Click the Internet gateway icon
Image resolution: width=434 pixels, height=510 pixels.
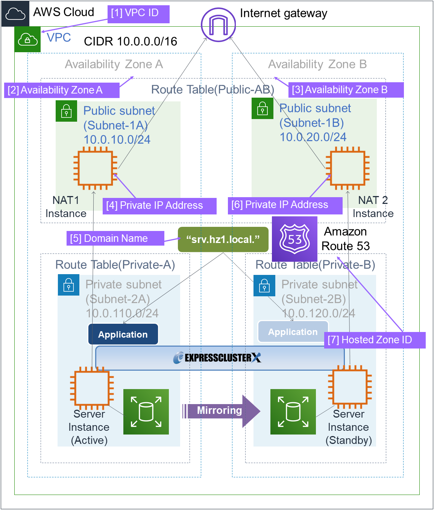pos(218,25)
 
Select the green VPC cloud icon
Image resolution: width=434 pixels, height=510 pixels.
pos(27,39)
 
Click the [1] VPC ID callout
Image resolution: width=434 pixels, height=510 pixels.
pos(138,14)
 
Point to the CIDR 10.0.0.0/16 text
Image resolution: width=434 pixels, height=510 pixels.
pos(131,41)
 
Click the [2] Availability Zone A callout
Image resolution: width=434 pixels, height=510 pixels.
pos(62,90)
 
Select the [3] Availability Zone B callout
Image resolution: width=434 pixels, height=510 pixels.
pos(346,90)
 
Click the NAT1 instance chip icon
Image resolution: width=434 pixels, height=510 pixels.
pos(95,168)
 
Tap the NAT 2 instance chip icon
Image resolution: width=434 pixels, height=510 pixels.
pos(348,168)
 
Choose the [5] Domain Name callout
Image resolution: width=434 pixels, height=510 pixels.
pos(115,238)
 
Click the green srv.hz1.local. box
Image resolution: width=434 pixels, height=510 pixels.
pos(223,239)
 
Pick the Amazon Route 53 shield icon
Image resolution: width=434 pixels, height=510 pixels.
pos(294,239)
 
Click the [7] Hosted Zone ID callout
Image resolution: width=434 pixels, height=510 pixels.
pos(375,340)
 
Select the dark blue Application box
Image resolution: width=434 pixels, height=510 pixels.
pos(123,334)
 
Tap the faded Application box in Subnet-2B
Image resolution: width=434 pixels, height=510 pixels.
pos(293,332)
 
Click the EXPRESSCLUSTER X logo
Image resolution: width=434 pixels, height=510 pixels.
pos(217,358)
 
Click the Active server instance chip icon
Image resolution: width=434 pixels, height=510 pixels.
pos(92,388)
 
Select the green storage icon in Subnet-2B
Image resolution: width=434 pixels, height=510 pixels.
pos(293,412)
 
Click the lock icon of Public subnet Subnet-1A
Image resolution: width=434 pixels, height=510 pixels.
pos(66,112)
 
